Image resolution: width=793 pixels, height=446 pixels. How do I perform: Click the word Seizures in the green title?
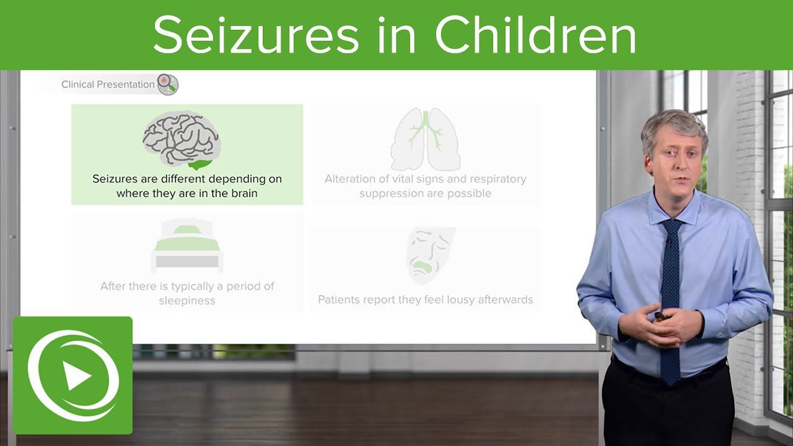click(256, 35)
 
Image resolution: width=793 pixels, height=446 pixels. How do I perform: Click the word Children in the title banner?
click(536, 35)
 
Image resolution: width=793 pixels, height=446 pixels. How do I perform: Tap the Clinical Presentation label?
click(108, 85)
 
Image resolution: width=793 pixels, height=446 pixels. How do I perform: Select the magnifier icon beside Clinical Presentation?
click(168, 84)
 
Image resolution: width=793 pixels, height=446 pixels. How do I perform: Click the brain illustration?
click(182, 140)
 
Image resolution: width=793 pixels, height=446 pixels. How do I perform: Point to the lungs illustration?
click(426, 141)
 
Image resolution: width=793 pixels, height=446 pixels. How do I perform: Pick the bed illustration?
click(187, 246)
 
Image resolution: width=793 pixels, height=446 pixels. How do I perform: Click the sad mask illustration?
click(430, 255)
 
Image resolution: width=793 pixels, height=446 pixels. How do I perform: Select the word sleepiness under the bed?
click(187, 301)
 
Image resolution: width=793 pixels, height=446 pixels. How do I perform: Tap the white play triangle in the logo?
click(77, 376)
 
